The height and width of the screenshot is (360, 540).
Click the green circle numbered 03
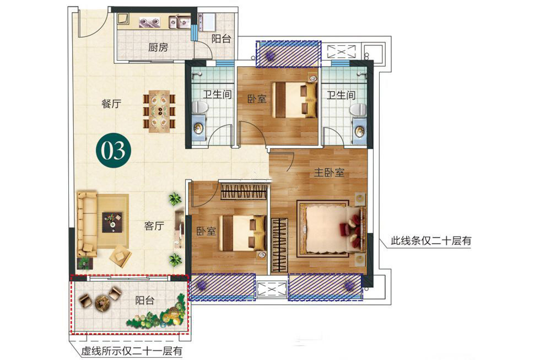pos(114,150)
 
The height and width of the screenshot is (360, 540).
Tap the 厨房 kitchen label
pos(158,47)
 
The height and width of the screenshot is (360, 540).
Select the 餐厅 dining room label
pos(111,103)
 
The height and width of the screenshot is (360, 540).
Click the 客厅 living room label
pos(154,226)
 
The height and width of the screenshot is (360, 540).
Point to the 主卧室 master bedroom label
pos(329,172)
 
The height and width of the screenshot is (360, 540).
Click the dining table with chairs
pos(159,111)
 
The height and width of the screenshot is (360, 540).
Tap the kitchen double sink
pos(180,22)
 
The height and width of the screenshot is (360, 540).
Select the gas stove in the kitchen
pos(150,23)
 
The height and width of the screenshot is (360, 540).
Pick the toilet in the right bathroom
pos(358,110)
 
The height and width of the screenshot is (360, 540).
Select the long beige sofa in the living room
pos(87,224)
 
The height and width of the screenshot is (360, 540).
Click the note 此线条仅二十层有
pos(431,240)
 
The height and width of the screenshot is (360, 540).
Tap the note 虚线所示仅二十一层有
pos(132,351)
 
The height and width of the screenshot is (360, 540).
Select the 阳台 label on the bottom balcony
pos(144,300)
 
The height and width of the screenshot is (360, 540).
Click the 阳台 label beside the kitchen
pos(221,39)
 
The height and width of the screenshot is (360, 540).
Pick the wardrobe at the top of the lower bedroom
pos(244,192)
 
